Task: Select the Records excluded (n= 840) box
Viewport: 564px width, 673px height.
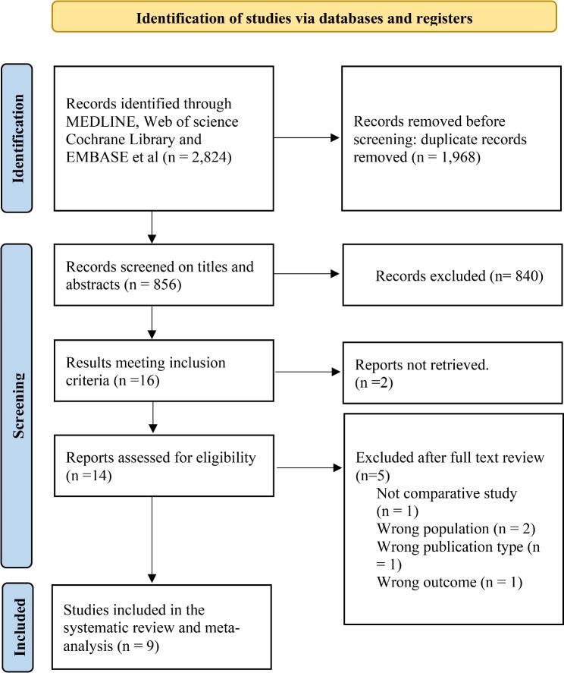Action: click(452, 275)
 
